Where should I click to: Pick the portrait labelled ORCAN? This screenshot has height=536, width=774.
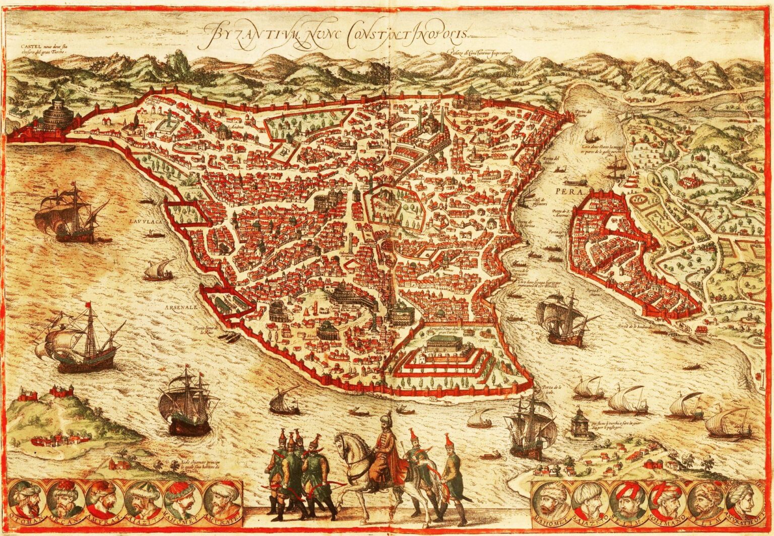tap(64, 498)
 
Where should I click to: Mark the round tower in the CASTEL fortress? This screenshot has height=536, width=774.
tap(57, 113)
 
